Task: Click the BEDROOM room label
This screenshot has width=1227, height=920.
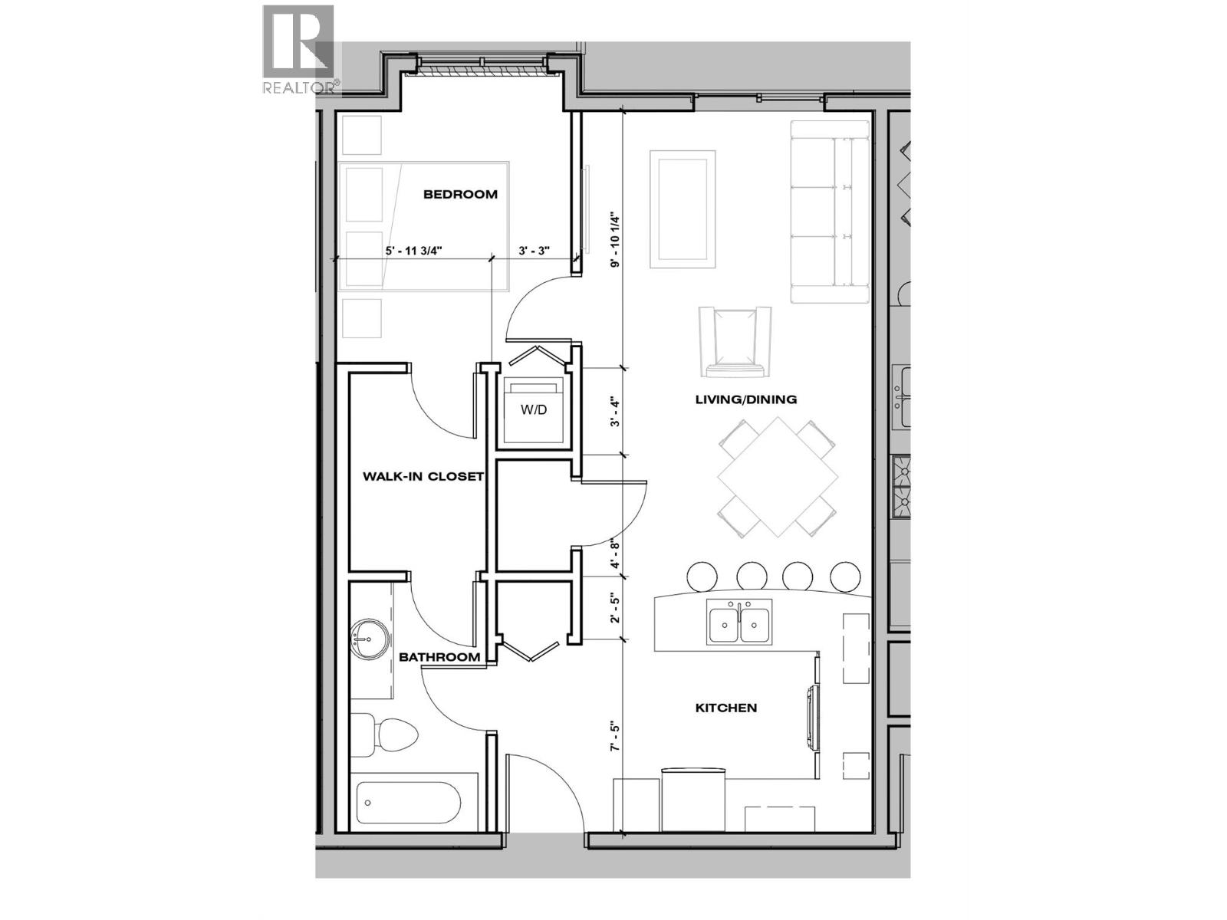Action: point(460,195)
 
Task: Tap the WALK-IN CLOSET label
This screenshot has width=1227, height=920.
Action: point(423,476)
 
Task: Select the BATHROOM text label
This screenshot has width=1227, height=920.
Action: point(439,657)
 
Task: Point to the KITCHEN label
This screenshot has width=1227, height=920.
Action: point(725,708)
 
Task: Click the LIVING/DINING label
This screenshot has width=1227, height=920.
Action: point(745,399)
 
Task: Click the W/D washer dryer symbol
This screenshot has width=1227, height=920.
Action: point(534,411)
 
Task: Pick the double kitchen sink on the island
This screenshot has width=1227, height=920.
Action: point(739,622)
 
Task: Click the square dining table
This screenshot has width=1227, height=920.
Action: point(777,477)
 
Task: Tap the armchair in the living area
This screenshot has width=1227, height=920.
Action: point(735,341)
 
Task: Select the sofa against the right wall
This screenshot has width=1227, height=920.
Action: point(829,212)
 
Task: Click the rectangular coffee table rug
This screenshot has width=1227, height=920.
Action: point(679,209)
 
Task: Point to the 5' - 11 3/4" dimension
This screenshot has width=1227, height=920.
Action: point(413,250)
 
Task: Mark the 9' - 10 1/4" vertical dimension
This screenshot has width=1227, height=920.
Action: point(614,239)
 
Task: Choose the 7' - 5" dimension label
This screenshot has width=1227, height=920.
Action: point(614,737)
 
